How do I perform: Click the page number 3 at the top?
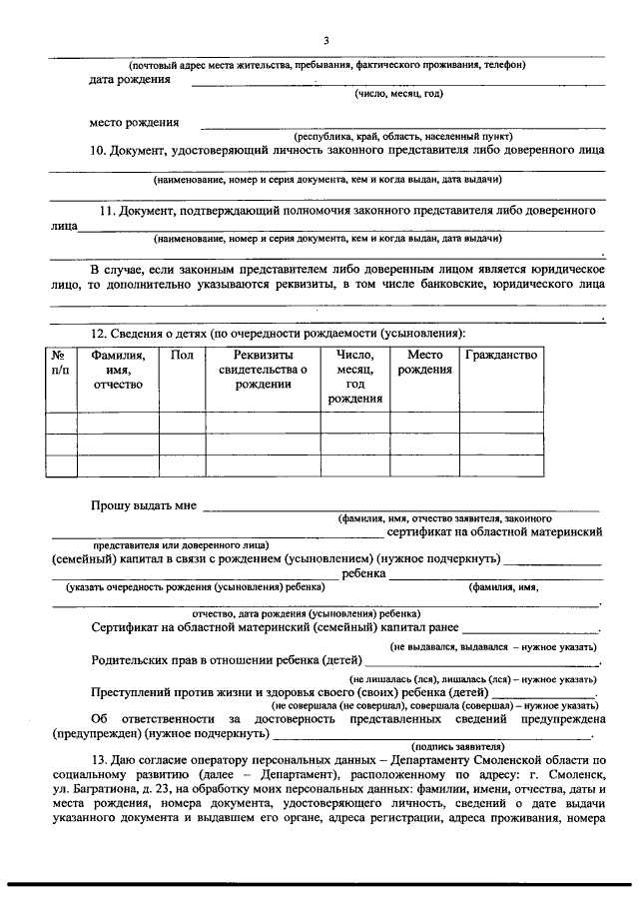click(325, 40)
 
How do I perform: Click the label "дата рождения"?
click(129, 79)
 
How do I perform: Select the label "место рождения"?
click(134, 123)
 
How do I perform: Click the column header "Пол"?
click(182, 355)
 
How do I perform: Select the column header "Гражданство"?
click(501, 355)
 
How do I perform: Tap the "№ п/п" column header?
click(60, 362)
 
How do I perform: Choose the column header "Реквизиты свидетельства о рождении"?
click(262, 370)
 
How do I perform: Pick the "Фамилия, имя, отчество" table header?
click(118, 370)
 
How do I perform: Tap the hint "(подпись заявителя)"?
click(458, 746)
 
